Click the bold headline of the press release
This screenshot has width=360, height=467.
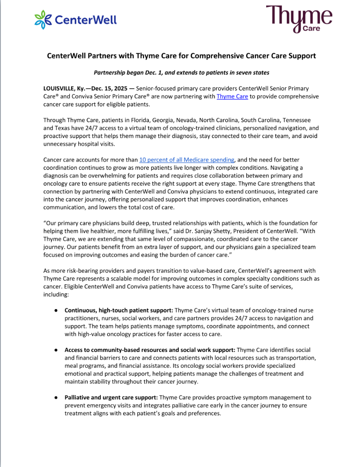(181, 56)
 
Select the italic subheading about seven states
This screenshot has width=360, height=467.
(181, 72)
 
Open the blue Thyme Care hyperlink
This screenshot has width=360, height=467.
(232, 96)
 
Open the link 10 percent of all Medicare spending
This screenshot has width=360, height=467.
(187, 160)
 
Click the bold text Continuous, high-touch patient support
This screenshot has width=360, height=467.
(119, 310)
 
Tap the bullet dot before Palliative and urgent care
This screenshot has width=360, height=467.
(56, 397)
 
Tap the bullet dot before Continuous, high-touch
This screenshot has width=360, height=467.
(56, 311)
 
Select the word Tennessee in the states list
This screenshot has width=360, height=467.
(296, 120)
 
